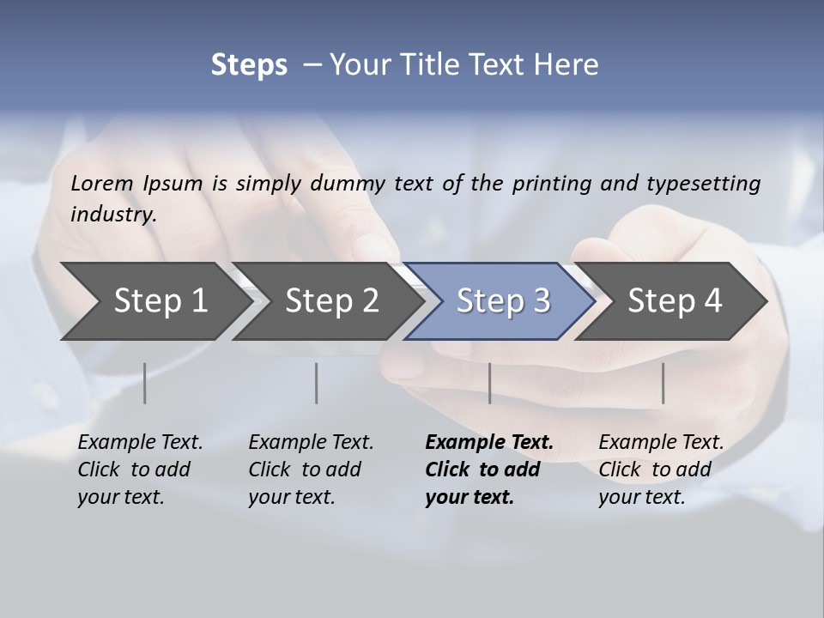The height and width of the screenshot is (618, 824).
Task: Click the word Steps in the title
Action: point(249,65)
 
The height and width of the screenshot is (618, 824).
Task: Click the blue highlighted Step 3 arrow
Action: point(503,301)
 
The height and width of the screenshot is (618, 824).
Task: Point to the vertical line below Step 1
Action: point(144,383)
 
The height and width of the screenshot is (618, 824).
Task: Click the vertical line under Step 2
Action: point(317,383)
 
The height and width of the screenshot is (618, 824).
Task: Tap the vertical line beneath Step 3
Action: point(489,383)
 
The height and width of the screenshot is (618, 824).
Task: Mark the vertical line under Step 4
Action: point(663,383)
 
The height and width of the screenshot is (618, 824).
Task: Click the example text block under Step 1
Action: point(140,470)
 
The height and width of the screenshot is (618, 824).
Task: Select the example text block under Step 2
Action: point(311,470)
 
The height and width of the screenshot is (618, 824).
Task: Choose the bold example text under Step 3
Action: point(489,470)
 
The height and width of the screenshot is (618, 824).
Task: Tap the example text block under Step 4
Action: point(661,470)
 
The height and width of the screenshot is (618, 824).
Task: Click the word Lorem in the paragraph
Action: point(102,183)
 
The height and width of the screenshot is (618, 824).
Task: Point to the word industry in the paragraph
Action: point(113,215)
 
